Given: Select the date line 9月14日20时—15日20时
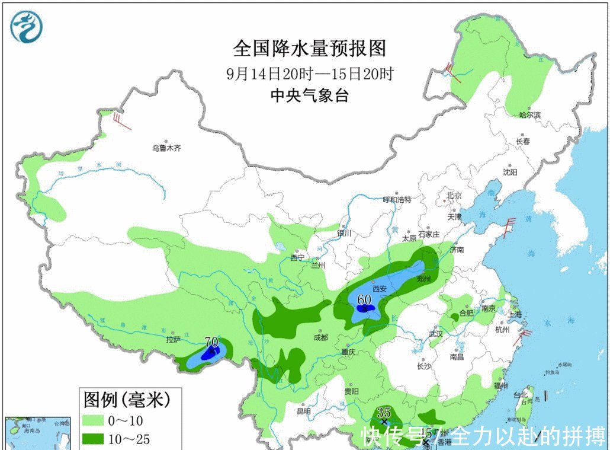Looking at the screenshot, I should pyautogui.click(x=310, y=74).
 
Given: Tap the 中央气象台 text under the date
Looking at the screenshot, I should pyautogui.click(x=309, y=95).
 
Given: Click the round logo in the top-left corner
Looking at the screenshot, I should pyautogui.click(x=27, y=27).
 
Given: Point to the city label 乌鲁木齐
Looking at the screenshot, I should pyautogui.click(x=166, y=148).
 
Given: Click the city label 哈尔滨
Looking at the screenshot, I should pyautogui.click(x=529, y=114).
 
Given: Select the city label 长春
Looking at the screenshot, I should pyautogui.click(x=522, y=141).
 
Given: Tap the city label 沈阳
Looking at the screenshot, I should pyautogui.click(x=509, y=172).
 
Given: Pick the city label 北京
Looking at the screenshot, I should pyautogui.click(x=454, y=195).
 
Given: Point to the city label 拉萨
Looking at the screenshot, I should pyautogui.click(x=173, y=340).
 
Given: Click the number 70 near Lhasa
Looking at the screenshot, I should pyautogui.click(x=211, y=342).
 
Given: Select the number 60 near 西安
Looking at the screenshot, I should pyautogui.click(x=364, y=299).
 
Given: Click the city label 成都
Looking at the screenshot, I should pyautogui.click(x=320, y=338).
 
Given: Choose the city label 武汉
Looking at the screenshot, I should pyautogui.click(x=436, y=334).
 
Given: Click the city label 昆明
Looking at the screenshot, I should pyautogui.click(x=303, y=411).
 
